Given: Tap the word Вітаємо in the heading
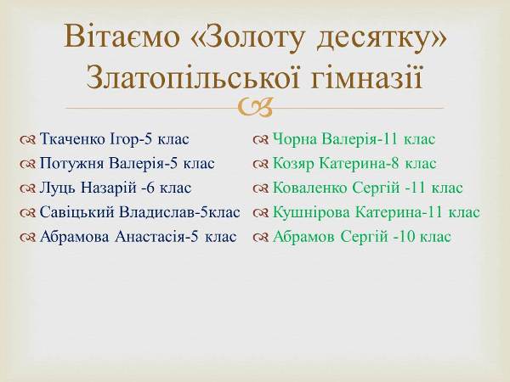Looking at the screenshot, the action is (122, 36).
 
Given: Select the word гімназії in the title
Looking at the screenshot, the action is (366, 79).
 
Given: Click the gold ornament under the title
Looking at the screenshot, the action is (255, 107).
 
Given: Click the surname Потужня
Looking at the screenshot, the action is (72, 163).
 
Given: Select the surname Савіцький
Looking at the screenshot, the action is (77, 212).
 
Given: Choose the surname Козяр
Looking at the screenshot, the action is (293, 164).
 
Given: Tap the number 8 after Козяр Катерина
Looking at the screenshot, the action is (395, 163).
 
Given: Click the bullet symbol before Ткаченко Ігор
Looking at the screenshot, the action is (27, 140).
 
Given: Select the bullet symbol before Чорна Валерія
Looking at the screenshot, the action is (261, 140).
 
